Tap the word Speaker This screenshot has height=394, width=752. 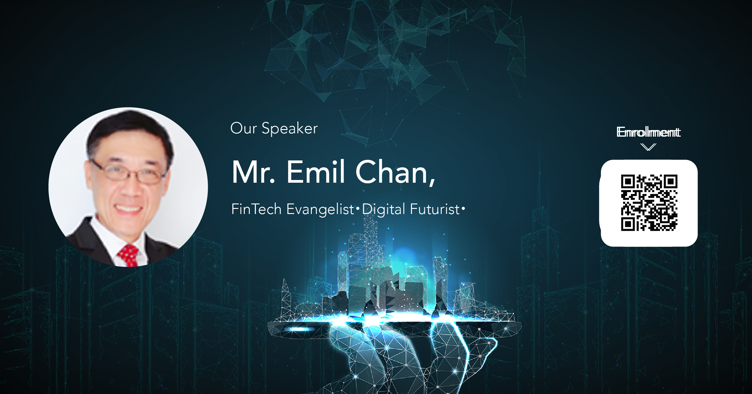(x=290, y=129)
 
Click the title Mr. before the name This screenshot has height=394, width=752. (x=253, y=172)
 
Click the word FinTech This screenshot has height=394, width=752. (x=256, y=209)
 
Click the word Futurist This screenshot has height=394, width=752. (x=435, y=209)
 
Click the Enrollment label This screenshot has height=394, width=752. (x=648, y=132)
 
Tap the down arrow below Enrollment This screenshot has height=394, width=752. (x=648, y=147)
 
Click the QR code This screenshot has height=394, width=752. (x=649, y=203)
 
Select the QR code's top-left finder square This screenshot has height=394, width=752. (x=628, y=181)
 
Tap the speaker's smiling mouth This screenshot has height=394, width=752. (x=129, y=208)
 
